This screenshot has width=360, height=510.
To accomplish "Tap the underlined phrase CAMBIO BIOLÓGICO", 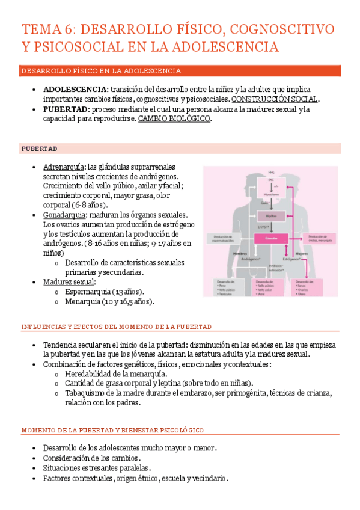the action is pos(174,119).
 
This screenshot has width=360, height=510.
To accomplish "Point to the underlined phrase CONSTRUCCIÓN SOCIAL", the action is pos(275,99).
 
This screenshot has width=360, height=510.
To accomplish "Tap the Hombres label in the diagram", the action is pos(223,254).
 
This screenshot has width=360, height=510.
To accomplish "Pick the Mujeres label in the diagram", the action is pos(301,254).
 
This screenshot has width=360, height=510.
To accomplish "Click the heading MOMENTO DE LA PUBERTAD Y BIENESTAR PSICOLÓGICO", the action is pos(113,431).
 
